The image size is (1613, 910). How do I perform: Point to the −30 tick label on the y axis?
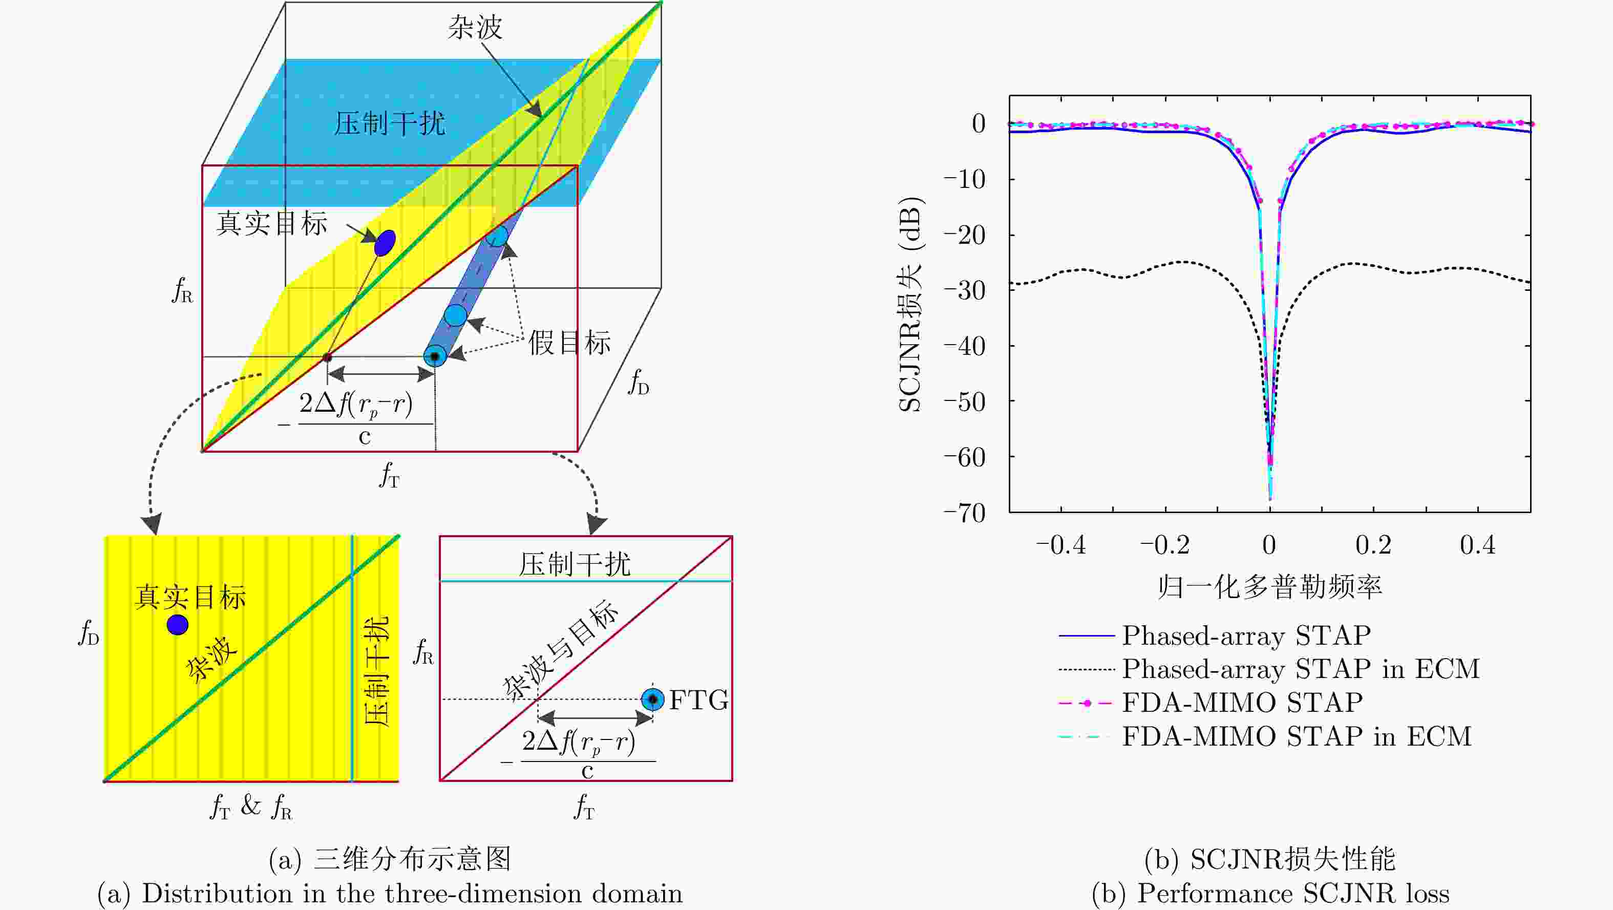(964, 290)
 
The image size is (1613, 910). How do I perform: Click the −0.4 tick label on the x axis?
(1060, 545)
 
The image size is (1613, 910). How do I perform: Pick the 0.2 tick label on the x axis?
(1373, 545)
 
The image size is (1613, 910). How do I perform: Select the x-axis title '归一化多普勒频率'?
(1270, 587)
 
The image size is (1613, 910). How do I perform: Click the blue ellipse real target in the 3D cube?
(385, 243)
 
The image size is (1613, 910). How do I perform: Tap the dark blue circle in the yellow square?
(177, 624)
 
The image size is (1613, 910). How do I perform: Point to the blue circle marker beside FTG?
(652, 699)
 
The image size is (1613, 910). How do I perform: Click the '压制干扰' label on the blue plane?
(390, 123)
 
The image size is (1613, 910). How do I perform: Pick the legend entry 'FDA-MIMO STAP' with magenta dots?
(1242, 703)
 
